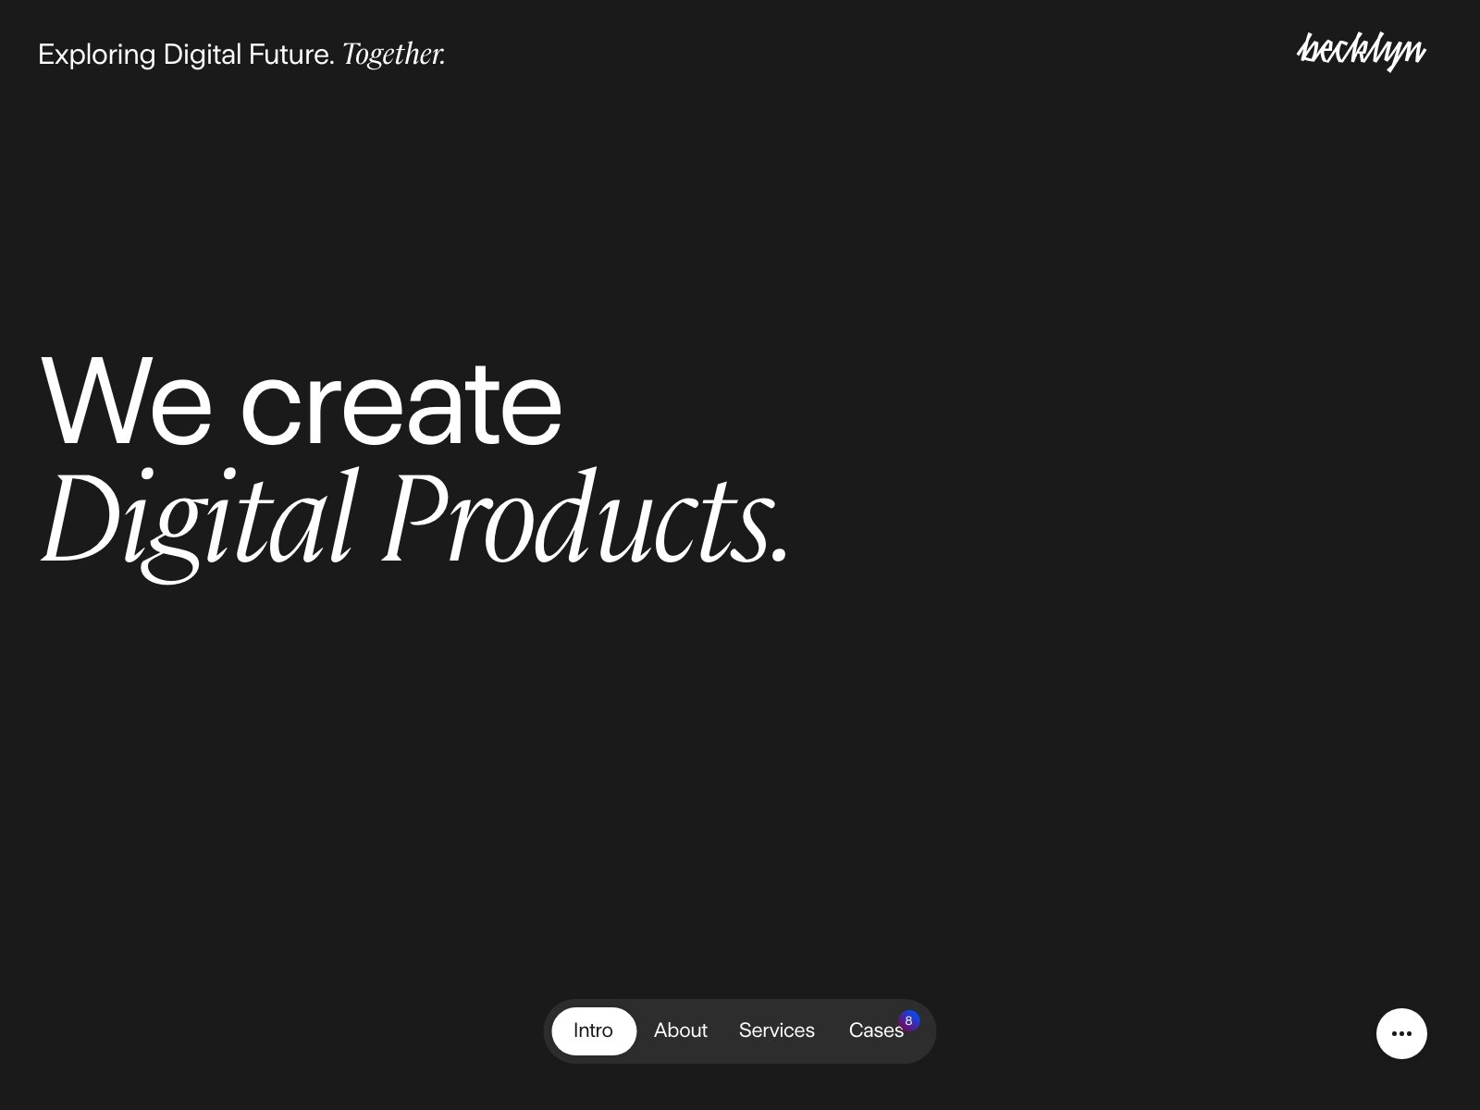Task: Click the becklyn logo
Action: point(1361,52)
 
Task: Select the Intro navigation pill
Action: point(593,1030)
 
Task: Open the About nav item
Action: point(680,1030)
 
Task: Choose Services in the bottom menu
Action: point(776,1030)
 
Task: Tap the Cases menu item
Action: point(874,1030)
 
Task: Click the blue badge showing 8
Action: point(909,1020)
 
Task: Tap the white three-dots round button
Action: point(1400,1033)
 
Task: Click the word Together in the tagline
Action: point(393,55)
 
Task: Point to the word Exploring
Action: point(96,55)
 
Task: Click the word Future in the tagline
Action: point(290,55)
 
